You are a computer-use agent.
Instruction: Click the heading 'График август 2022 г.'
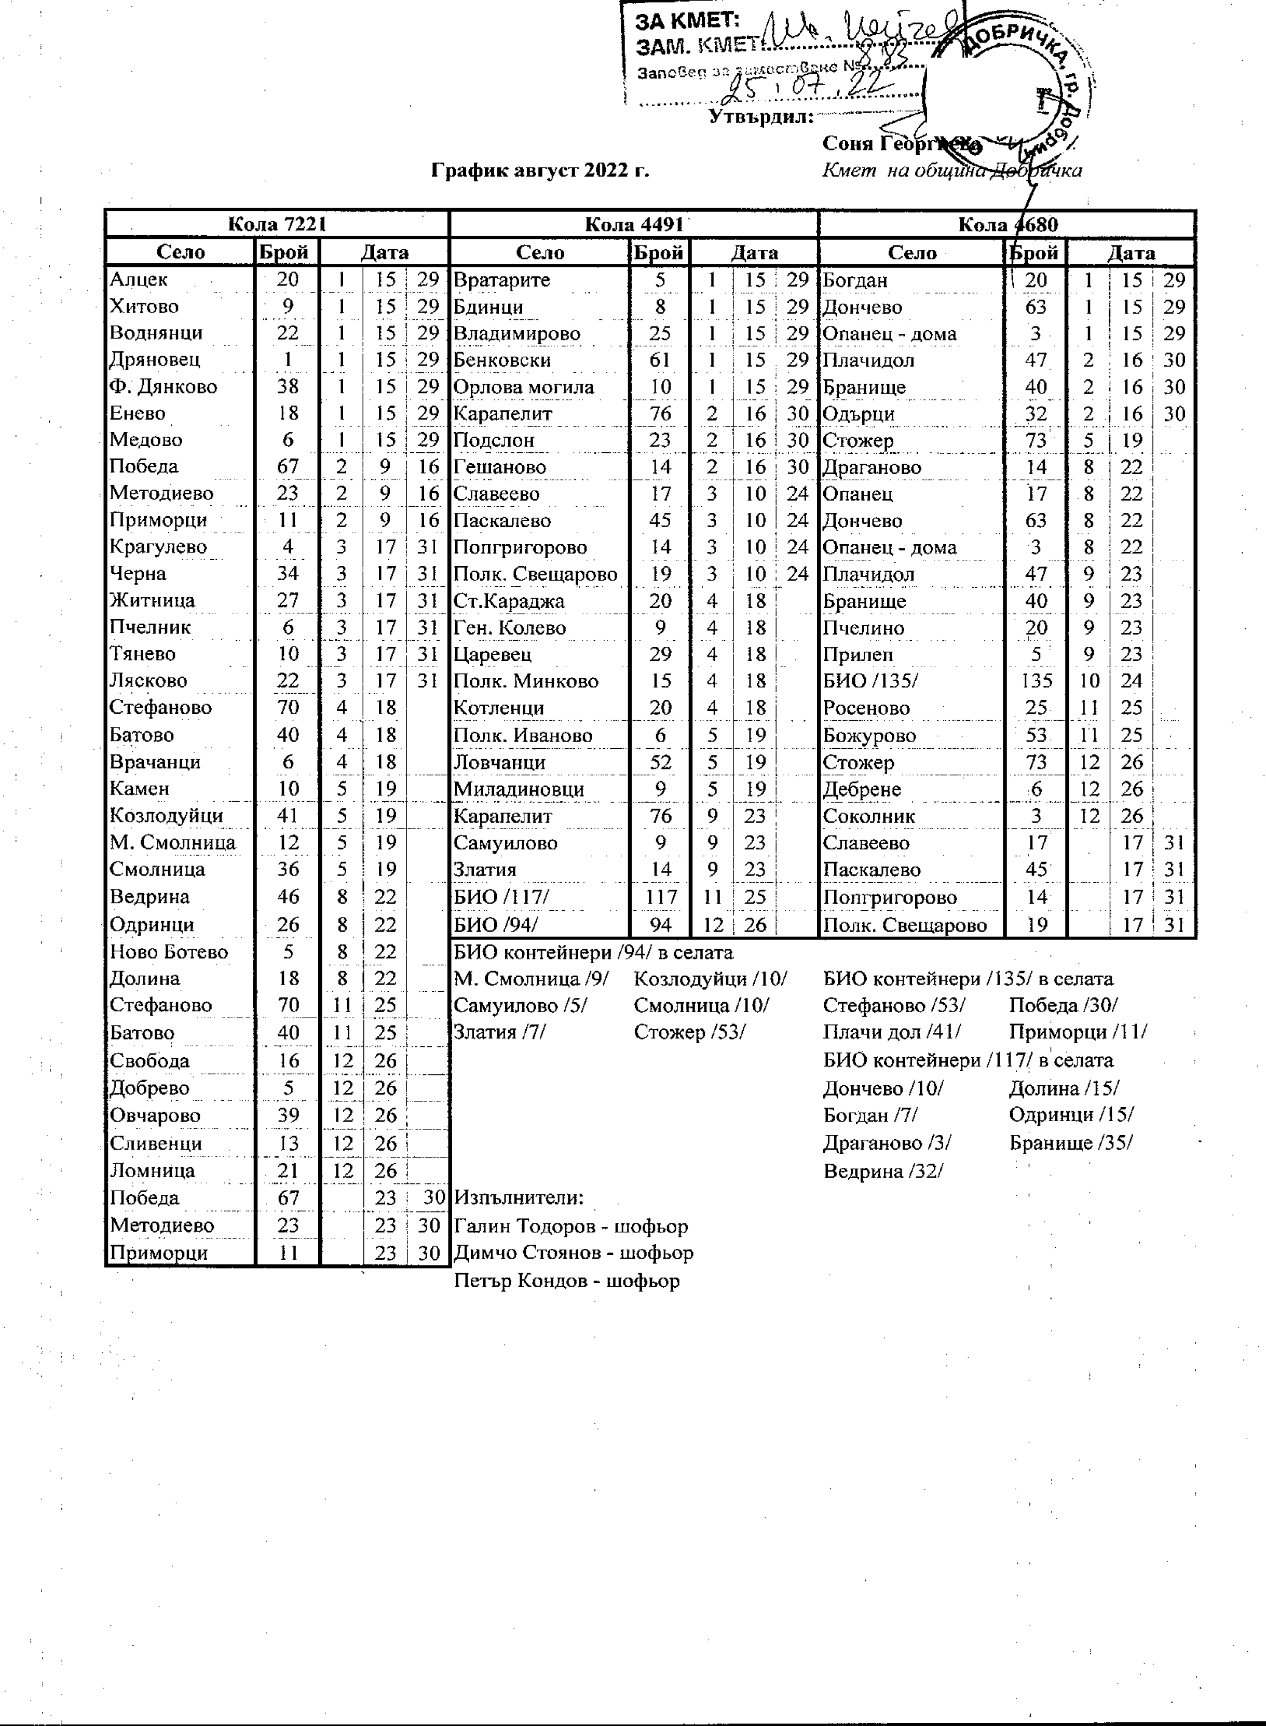pyautogui.click(x=540, y=170)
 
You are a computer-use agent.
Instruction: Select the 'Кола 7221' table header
pyautogui.click(x=277, y=224)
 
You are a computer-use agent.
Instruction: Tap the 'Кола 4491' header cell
pyautogui.click(x=634, y=224)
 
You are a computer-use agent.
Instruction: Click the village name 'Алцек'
pyautogui.click(x=139, y=280)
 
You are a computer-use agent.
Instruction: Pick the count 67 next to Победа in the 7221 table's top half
pyautogui.click(x=288, y=467)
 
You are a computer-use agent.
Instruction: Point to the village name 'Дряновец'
pyautogui.click(x=155, y=359)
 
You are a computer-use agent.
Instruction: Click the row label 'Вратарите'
pyautogui.click(x=502, y=280)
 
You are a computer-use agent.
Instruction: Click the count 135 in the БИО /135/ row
pyautogui.click(x=1036, y=681)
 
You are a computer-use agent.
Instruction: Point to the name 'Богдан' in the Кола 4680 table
pyautogui.click(x=855, y=280)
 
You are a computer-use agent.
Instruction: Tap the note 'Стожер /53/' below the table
pyautogui.click(x=690, y=1032)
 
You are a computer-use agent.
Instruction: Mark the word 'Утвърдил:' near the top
pyautogui.click(x=761, y=117)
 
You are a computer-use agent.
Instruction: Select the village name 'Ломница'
pyautogui.click(x=153, y=1171)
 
